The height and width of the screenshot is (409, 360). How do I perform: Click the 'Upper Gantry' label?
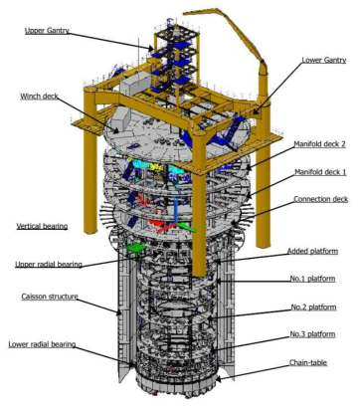[x=52, y=31]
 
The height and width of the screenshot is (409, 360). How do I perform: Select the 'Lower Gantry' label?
[x=324, y=60]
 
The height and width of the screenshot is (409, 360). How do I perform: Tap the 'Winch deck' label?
[x=42, y=97]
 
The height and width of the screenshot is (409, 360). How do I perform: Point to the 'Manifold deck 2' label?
[x=321, y=144]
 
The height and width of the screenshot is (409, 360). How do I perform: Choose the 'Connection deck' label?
[x=320, y=199]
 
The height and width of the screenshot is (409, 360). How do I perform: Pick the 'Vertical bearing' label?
[x=42, y=227]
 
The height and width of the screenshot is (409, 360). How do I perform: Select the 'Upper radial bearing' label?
[x=49, y=265]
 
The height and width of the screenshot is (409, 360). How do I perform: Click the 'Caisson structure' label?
[x=46, y=297]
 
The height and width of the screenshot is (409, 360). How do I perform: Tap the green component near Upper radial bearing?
[x=136, y=242]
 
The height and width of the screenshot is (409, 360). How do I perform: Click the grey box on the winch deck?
[x=133, y=87]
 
